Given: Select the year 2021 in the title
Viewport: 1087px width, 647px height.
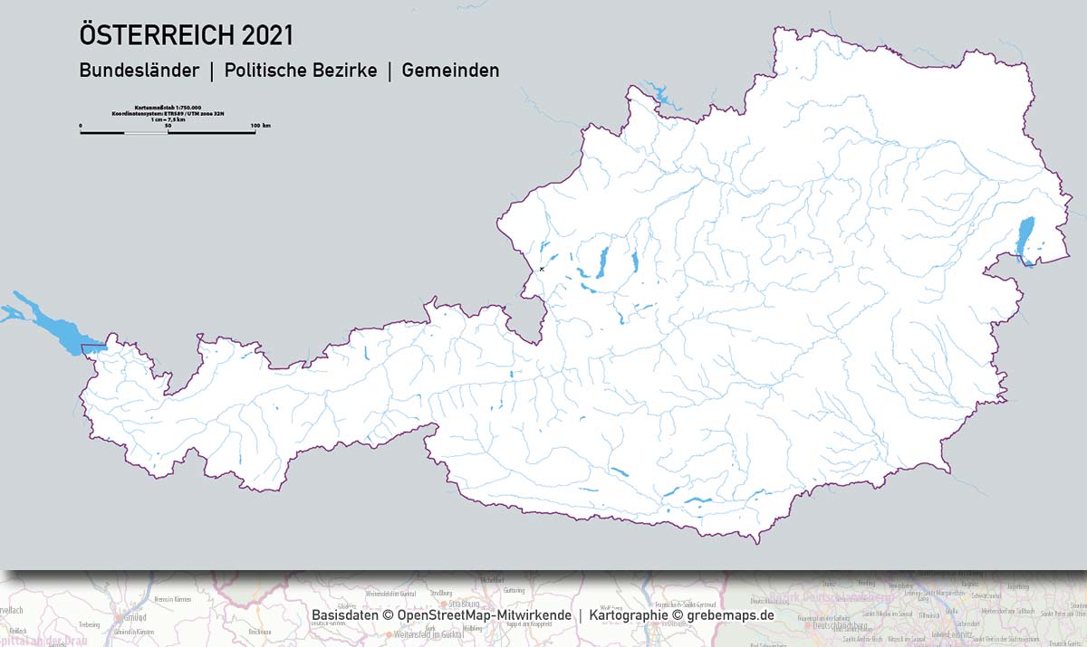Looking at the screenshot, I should click(x=266, y=35).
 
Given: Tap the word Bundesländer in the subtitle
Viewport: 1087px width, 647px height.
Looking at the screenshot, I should click(x=139, y=70).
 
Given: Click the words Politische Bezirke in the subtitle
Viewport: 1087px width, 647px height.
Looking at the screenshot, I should click(x=301, y=70).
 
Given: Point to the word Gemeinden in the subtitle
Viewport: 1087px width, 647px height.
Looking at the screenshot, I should click(x=450, y=70).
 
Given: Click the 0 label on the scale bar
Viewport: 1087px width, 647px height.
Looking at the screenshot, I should click(x=81, y=125).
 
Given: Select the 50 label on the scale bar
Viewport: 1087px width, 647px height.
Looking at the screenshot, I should click(x=168, y=125).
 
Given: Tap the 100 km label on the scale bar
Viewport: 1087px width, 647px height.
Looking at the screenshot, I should click(x=260, y=125).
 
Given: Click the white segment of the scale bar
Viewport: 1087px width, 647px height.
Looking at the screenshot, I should click(x=146, y=132).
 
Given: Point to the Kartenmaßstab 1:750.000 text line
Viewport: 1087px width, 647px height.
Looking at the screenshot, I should click(x=168, y=107).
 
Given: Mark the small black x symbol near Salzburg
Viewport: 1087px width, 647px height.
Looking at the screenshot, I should click(x=542, y=269).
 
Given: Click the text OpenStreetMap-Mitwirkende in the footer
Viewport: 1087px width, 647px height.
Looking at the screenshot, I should click(x=485, y=615).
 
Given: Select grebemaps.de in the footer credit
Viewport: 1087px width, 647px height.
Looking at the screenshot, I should click(x=729, y=615).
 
